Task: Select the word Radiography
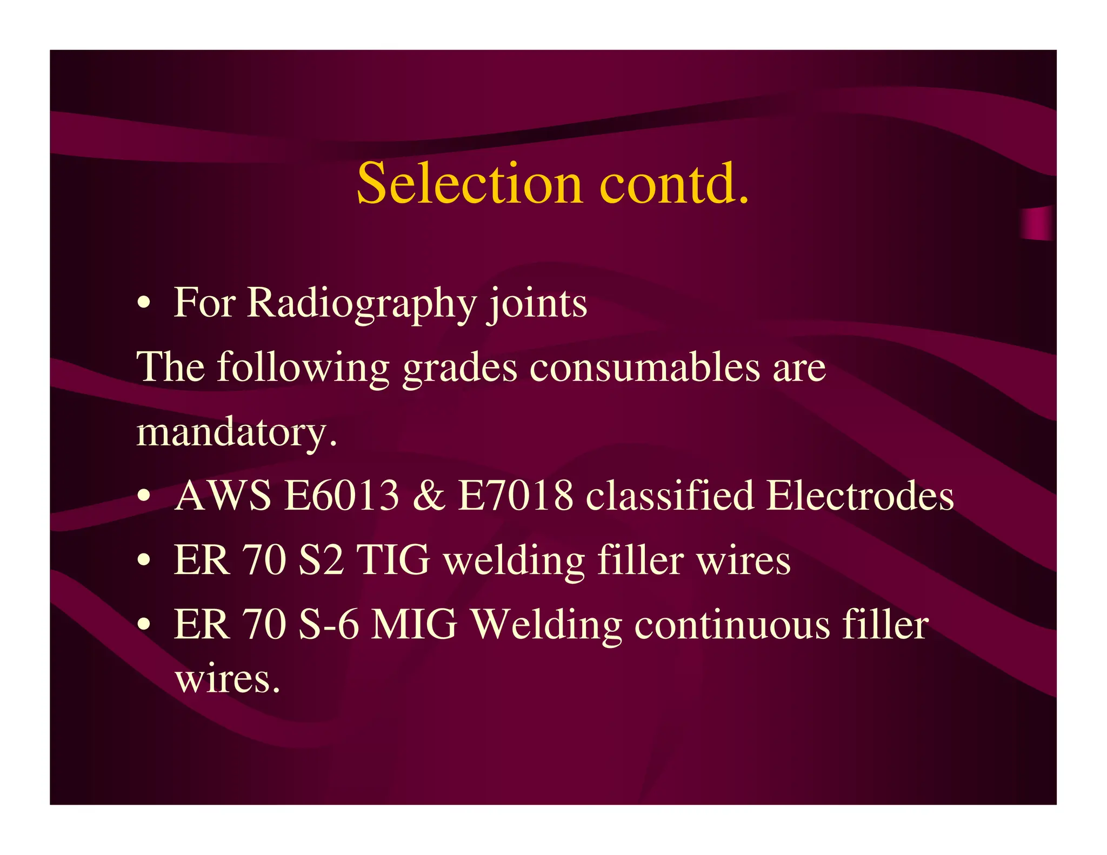tap(362, 304)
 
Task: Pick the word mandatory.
tap(237, 432)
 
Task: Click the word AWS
tap(223, 496)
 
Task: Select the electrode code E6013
tap(342, 496)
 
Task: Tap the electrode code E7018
tap(515, 496)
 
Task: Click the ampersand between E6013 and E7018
tap(429, 496)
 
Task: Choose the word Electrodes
tap(860, 496)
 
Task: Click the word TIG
tap(394, 560)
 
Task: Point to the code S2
tap(321, 560)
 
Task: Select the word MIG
tap(414, 625)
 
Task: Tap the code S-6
tap(328, 625)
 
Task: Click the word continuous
tap(732, 625)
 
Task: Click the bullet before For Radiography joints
tap(143, 303)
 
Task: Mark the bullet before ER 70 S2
tap(143, 560)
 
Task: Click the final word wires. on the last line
tap(228, 679)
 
